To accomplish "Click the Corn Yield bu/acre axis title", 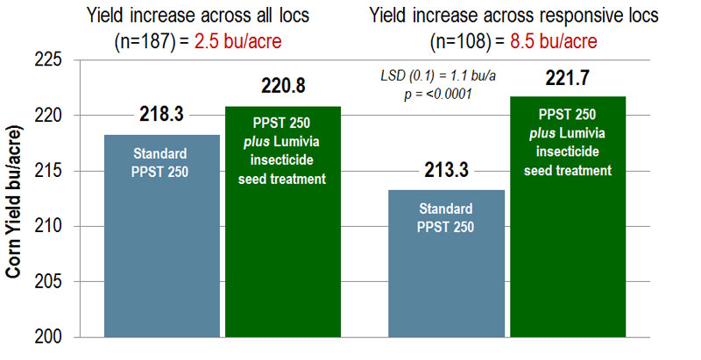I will [x=15, y=200].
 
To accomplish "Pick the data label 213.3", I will [x=447, y=170].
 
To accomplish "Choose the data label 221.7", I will [x=568, y=79].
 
